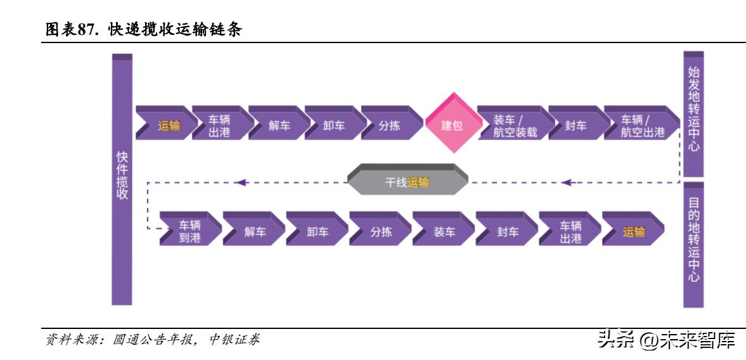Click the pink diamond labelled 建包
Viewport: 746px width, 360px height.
click(452, 124)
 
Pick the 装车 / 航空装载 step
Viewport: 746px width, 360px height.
click(515, 125)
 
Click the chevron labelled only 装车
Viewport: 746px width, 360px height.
click(444, 232)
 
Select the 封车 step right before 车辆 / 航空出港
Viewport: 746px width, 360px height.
click(575, 125)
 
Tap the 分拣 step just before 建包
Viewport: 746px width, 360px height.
click(389, 125)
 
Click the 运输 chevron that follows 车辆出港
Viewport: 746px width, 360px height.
click(633, 232)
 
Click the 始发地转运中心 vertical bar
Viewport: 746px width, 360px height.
click(693, 114)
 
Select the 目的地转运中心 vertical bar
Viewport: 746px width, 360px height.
click(693, 244)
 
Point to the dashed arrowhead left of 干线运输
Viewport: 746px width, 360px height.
click(240, 183)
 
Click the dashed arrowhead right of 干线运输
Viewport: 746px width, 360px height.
click(567, 183)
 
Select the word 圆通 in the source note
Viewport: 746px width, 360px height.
click(125, 340)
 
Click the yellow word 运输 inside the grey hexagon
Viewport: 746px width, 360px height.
click(418, 183)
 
